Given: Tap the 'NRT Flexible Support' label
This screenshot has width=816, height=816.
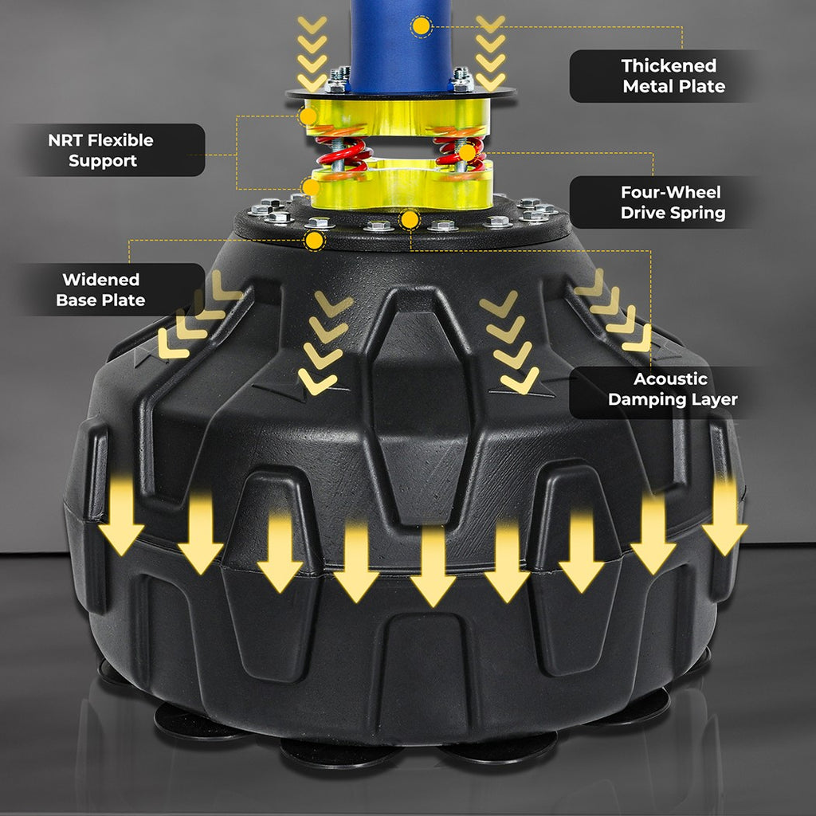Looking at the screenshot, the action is pos(101,151).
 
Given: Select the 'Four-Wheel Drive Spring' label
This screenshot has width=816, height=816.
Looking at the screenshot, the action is pos(673,202).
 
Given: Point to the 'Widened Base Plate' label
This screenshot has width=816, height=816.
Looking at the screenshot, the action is pos(100,289).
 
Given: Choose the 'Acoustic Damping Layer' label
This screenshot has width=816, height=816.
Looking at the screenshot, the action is pos(673,389).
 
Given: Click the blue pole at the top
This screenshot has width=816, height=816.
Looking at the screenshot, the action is pos(401,45).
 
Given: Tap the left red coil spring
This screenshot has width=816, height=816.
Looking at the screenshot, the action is pos(344,153).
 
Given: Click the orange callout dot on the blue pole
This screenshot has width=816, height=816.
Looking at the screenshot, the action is pos(421,26).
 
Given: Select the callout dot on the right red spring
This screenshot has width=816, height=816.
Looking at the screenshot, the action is pos(467,152).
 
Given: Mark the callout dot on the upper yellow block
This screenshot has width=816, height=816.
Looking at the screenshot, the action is pos(308,116).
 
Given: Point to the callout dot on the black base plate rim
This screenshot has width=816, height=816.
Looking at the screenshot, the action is pos(314,241).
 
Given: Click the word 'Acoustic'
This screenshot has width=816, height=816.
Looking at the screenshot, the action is pos(670,379).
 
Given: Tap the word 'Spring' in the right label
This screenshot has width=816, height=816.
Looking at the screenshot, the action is pos(698,214).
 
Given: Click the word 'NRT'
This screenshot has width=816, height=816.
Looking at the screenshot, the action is pos(65,140).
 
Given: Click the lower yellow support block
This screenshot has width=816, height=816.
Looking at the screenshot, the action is pos(402,184).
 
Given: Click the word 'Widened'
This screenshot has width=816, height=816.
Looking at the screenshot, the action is pos(101,280).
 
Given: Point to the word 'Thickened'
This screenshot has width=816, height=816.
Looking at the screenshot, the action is pos(669,65).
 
